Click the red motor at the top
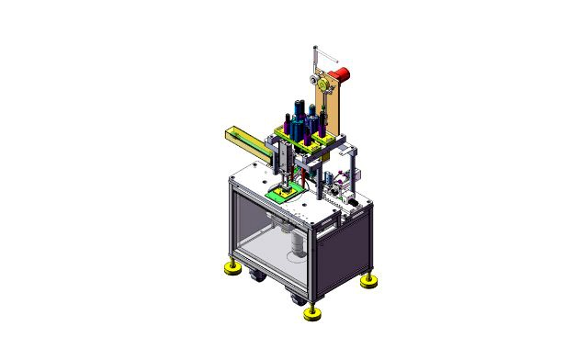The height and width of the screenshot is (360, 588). pyautogui.click(x=342, y=72)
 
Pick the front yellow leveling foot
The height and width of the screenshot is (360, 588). pyautogui.click(x=311, y=315)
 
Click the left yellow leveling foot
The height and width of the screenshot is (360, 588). pyautogui.click(x=230, y=268)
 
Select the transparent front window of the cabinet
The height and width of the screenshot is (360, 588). pyautogui.click(x=266, y=239)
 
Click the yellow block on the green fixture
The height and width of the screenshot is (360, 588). pyautogui.click(x=288, y=190)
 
